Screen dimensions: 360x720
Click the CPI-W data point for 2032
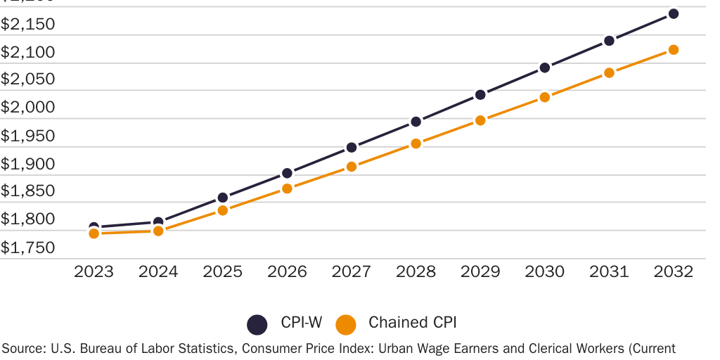point(673,13)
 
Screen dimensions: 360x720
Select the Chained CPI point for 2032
point(673,50)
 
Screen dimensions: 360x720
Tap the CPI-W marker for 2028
point(416,122)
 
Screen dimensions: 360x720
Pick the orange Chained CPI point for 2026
point(287,188)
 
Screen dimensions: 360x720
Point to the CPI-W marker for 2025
point(222,198)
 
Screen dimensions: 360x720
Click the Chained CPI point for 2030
point(544,97)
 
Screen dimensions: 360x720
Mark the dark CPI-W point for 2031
point(609,41)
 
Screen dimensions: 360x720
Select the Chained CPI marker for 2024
point(158,231)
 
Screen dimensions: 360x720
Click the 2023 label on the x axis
point(94,272)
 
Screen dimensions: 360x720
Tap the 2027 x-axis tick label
point(352,272)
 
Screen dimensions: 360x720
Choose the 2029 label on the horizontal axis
point(480,272)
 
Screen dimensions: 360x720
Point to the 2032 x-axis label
point(673,272)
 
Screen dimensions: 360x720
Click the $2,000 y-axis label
point(27,107)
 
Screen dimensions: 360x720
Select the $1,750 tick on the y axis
point(27,247)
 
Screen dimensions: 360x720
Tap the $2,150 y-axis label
point(27,24)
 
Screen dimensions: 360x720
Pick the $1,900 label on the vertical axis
point(27,163)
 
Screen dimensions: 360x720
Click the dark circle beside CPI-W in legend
point(257,324)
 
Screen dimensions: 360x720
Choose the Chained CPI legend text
point(413,323)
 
